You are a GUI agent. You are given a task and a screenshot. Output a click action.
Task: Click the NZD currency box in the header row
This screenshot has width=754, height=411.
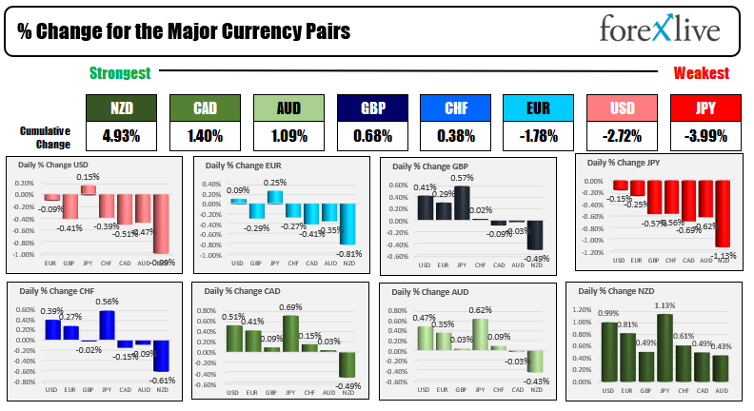(x=121, y=108)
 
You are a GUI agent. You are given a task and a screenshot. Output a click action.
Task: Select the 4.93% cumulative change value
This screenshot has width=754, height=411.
(x=121, y=136)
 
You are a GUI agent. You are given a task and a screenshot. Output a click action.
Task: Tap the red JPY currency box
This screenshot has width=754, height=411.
(x=705, y=108)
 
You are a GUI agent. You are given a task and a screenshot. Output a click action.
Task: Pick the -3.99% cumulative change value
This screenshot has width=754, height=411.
(x=705, y=136)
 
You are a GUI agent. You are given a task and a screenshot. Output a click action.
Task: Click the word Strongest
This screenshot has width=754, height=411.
(x=120, y=73)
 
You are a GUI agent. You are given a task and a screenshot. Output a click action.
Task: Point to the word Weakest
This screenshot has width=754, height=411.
(x=702, y=73)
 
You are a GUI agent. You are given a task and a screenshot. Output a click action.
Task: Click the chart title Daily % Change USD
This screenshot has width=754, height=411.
(x=60, y=165)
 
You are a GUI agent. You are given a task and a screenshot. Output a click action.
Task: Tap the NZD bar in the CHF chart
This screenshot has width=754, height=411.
(x=161, y=356)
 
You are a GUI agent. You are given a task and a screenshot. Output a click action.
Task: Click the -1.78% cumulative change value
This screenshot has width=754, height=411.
(x=538, y=136)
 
